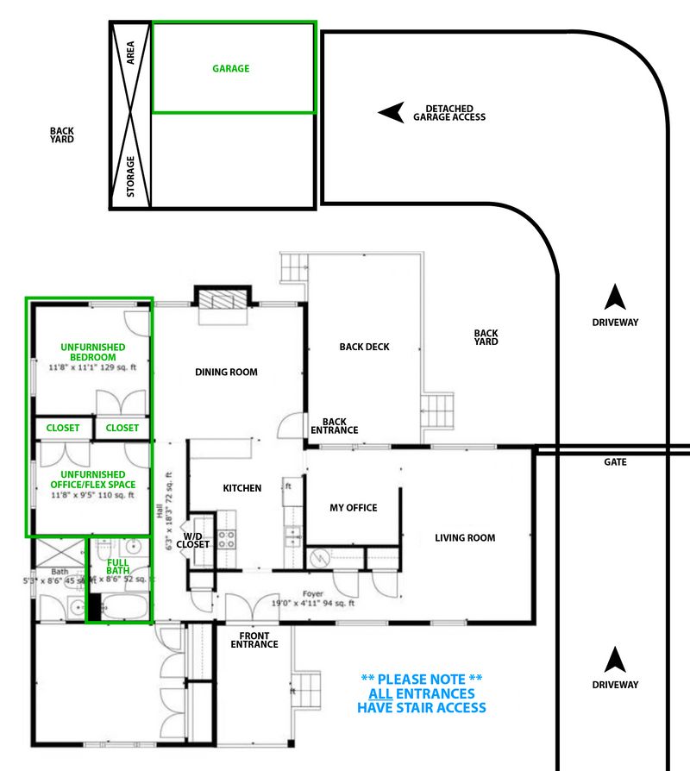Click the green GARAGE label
point(230,68)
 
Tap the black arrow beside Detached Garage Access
point(392,112)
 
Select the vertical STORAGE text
point(131,177)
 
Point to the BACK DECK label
point(364,347)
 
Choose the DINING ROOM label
point(226,373)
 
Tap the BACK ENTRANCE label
point(334,426)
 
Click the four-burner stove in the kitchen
point(225,540)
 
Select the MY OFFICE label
point(354,508)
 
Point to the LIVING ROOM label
point(464,538)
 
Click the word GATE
point(615,462)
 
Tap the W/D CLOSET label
point(192,540)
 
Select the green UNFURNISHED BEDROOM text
point(93,352)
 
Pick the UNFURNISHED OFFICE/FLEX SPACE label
point(93,480)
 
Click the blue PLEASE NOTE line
point(421,679)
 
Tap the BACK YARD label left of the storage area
point(62,135)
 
